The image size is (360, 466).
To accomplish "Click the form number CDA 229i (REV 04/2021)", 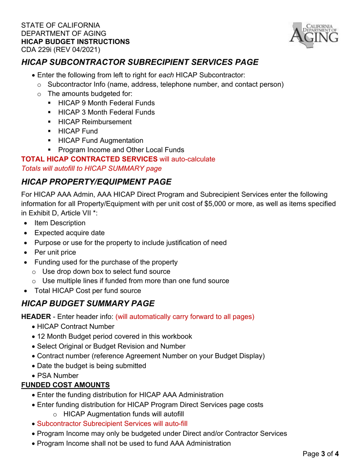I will (61, 50).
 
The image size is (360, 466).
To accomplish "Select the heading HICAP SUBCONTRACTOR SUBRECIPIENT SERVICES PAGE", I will (140, 62).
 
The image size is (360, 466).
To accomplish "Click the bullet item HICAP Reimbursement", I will (95, 122).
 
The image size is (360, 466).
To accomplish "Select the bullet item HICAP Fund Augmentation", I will (100, 141).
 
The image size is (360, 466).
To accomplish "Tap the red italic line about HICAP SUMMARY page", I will (91, 168).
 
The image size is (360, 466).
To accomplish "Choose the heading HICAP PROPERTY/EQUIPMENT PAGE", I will (96, 182).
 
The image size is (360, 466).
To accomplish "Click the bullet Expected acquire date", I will (69, 233).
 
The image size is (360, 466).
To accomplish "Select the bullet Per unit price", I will (55, 252).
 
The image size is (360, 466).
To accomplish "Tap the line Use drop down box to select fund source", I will (106, 272).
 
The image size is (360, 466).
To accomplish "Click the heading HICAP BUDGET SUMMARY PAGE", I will (88, 303).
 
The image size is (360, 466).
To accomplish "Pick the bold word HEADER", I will (36, 317).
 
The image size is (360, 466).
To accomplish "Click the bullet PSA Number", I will (58, 376).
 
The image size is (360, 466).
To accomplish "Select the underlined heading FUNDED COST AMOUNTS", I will (66, 385).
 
